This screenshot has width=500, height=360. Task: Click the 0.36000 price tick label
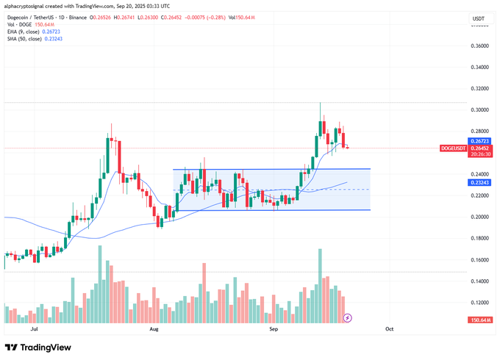479,46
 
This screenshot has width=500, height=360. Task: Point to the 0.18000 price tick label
479,238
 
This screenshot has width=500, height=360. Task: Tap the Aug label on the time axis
153,330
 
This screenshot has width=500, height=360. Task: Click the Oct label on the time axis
390,330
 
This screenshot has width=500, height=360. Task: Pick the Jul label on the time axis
35,330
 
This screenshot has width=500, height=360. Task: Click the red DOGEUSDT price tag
454,148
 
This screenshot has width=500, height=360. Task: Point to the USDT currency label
478,18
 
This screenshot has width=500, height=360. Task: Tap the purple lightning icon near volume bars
348,318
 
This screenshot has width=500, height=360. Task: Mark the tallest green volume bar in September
320,287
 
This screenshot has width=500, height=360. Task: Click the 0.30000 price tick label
479,109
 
